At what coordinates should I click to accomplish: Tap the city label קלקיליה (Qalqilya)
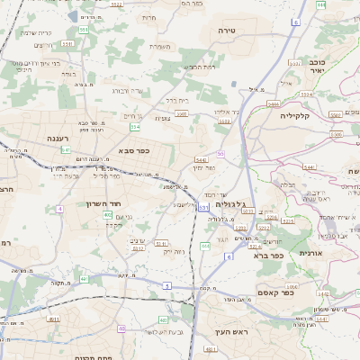pyautogui.click(x=294, y=115)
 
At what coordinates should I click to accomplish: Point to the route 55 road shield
pyautogui.click(x=220, y=155)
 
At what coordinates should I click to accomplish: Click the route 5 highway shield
pyautogui.click(x=166, y=286)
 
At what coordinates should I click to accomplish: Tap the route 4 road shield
pyautogui.click(x=59, y=209)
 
